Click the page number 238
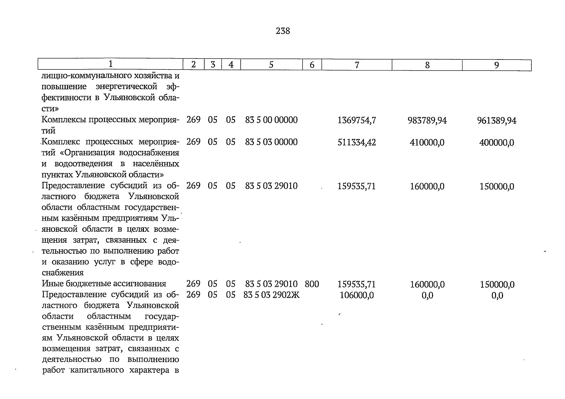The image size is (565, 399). tap(283, 31)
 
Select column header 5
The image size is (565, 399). tap(271, 65)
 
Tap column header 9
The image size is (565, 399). tap(496, 65)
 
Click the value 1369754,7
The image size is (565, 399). tap(357, 120)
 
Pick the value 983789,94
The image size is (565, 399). tap(427, 120)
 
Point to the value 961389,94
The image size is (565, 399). tap(497, 120)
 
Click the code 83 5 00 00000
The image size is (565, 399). tap(271, 120)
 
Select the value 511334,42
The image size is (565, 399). tap(357, 142)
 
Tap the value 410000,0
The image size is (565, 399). tap(427, 143)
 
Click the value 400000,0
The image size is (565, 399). tap(497, 143)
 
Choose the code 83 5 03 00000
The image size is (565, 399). tap(271, 142)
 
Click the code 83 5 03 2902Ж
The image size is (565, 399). tap(272, 295)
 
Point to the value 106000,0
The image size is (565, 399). tap(357, 295)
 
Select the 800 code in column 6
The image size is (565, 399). tap(312, 284)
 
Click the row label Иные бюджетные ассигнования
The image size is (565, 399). tap(104, 284)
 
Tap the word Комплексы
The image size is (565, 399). tap(64, 120)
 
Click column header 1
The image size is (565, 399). tap(111, 64)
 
